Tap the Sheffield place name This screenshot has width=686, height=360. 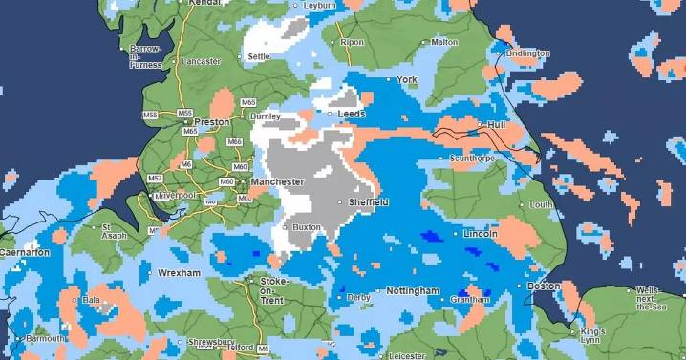pyautogui.click(x=369, y=203)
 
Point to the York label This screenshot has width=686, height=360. pyautogui.click(x=408, y=79)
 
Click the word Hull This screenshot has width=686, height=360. pyautogui.click(x=495, y=124)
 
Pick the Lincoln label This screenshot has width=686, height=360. pyautogui.click(x=479, y=234)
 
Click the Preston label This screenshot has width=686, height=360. pyautogui.click(x=211, y=122)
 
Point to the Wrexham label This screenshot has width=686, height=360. pyautogui.click(x=180, y=273)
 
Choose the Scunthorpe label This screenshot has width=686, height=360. pyautogui.click(x=473, y=159)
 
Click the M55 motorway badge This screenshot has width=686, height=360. pyautogui.click(x=149, y=116)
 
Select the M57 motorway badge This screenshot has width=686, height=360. pyautogui.click(x=154, y=179)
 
